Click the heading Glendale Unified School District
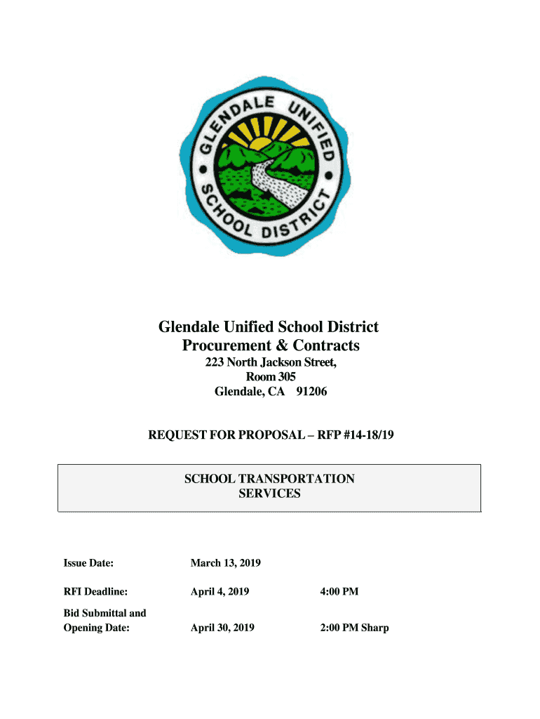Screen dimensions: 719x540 (x=269, y=326)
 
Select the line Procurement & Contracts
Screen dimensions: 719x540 (x=271, y=345)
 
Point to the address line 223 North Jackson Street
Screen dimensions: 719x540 (x=271, y=362)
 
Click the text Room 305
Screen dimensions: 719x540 (x=270, y=377)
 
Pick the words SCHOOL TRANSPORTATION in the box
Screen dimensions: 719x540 (x=269, y=479)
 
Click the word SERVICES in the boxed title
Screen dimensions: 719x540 (x=269, y=494)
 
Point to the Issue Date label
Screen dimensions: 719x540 (x=88, y=563)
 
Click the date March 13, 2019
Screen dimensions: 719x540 (x=226, y=563)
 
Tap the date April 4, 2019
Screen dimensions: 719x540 (x=220, y=592)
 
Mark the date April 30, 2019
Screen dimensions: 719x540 (x=222, y=628)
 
